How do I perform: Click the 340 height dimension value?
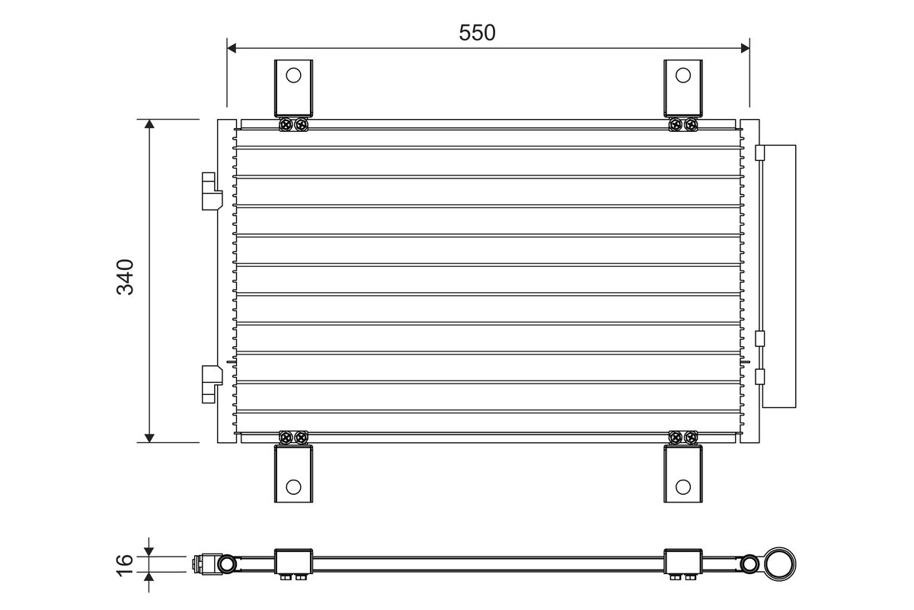coord(124,278)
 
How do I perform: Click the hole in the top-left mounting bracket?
coord(293,75)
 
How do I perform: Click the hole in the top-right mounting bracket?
coord(683,75)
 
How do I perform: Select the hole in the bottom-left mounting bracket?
coord(293,486)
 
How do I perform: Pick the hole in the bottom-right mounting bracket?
coord(683,486)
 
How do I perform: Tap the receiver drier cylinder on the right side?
coord(779,276)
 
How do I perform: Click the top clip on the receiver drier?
coord(759,153)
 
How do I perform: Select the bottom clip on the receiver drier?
coord(759,376)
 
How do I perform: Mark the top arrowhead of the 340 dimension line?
coord(150,125)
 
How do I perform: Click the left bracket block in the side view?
coord(293,563)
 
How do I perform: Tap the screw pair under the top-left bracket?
coord(294,124)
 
